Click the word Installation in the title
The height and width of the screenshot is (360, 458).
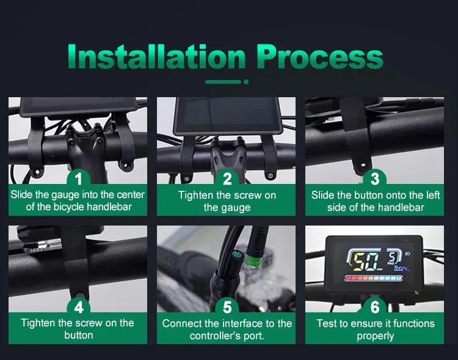156,56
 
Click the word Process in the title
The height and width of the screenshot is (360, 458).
320,57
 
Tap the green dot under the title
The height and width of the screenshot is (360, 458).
246,82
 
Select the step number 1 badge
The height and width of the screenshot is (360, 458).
78,178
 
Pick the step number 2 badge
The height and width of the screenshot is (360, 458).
227,178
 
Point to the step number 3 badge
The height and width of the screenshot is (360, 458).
375,178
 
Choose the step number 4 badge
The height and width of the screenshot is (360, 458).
78,307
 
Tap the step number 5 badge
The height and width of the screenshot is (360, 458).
227,307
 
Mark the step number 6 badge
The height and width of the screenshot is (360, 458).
375,307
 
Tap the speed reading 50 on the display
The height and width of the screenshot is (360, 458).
365,262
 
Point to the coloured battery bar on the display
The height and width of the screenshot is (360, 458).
374,279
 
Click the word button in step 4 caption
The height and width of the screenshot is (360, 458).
79,335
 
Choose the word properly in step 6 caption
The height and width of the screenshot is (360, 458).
376,336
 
